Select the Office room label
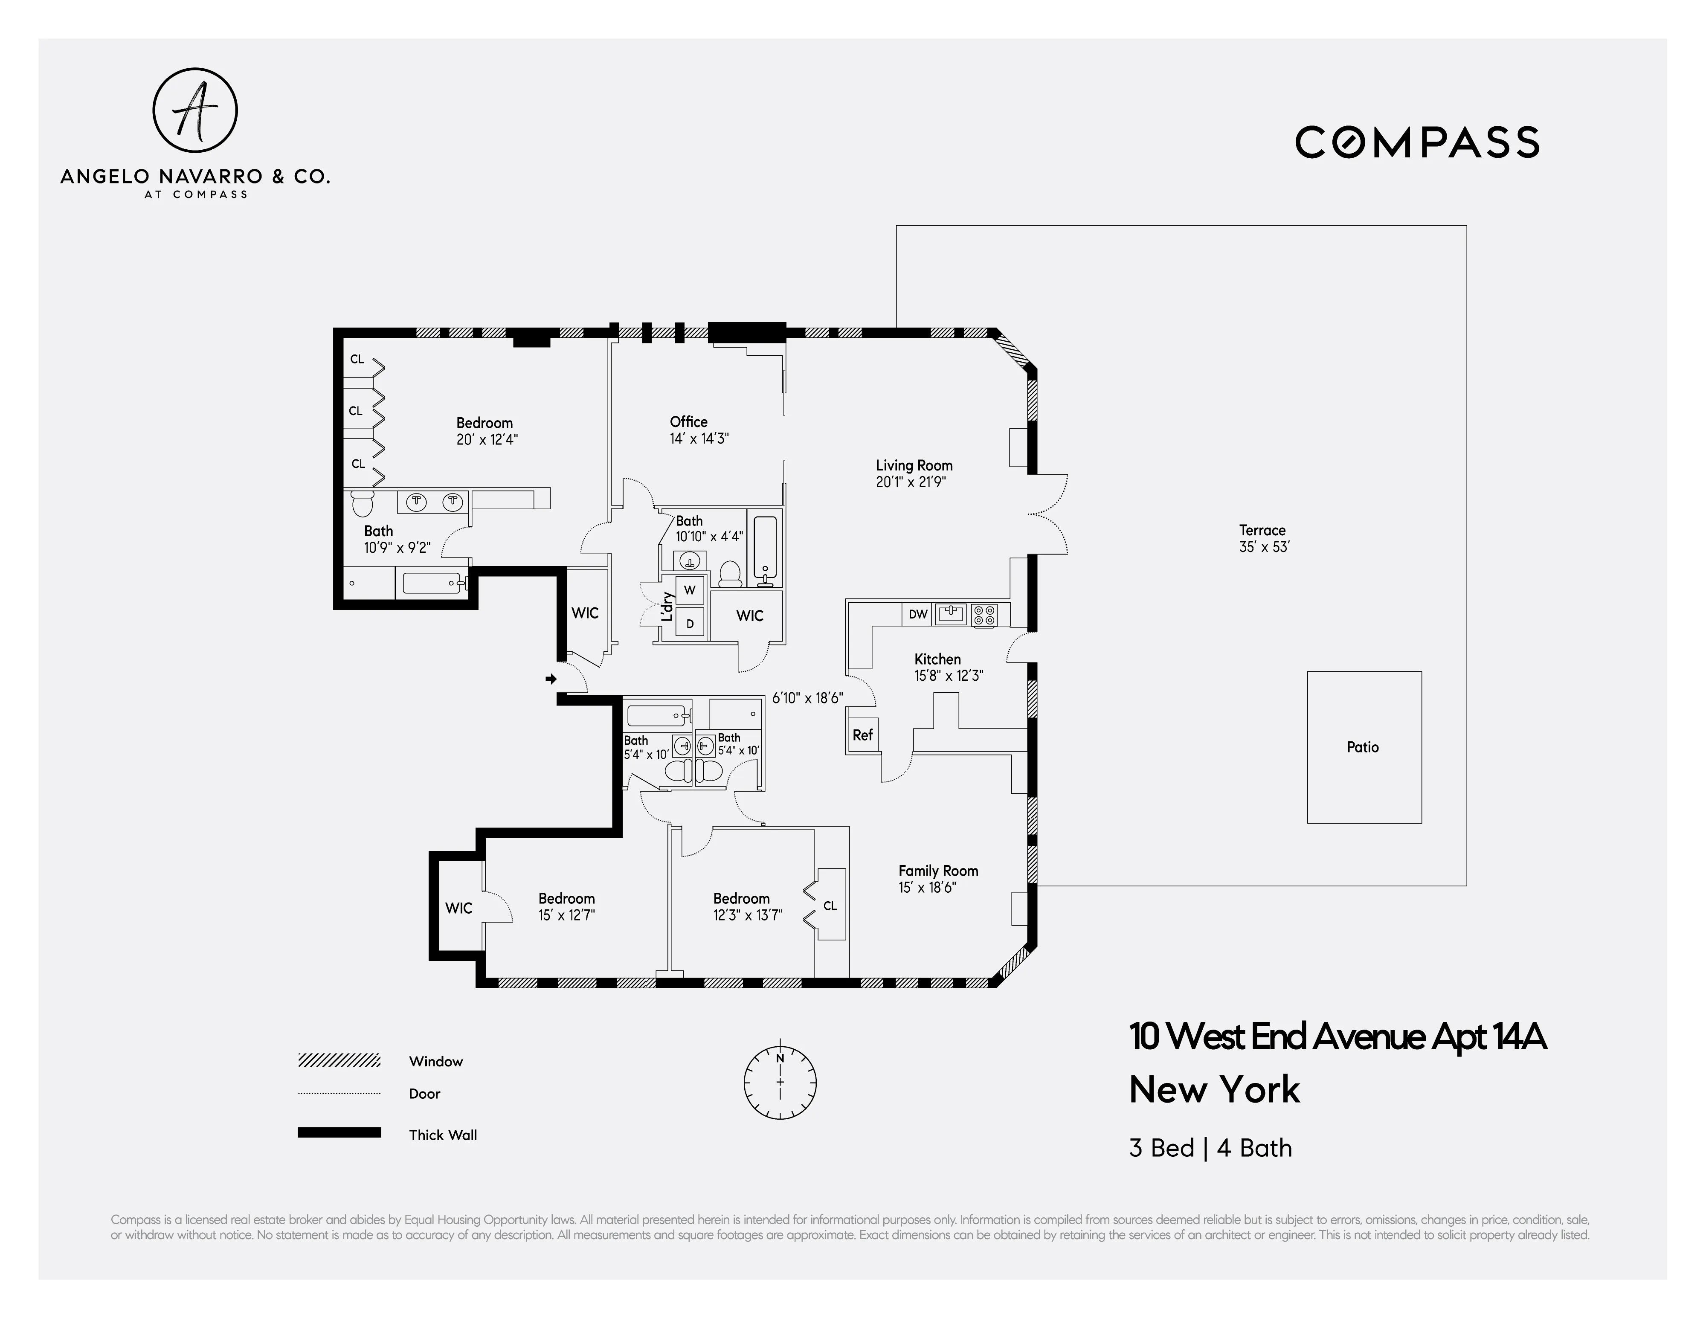(688, 422)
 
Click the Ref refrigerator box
(862, 735)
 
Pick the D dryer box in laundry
(690, 624)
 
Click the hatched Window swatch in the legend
(339, 1060)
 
